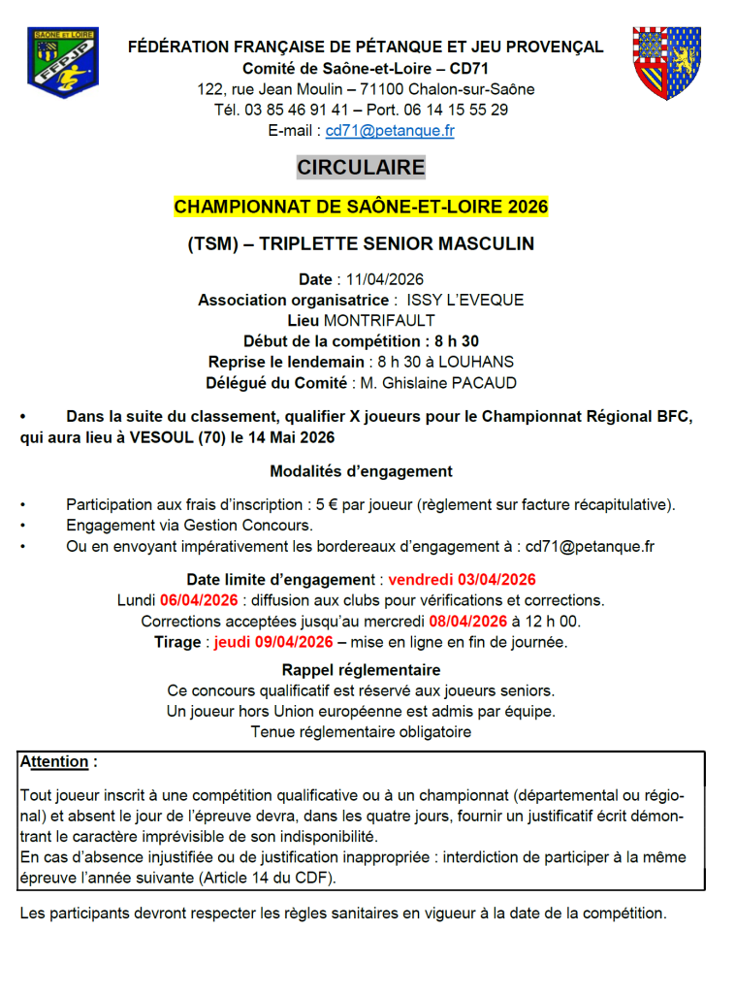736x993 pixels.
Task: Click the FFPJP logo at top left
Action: pos(63,63)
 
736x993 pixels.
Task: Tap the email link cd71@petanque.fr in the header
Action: pos(390,130)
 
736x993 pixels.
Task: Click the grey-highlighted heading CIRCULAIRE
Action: pos(361,168)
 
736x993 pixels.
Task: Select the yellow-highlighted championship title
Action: pos(361,207)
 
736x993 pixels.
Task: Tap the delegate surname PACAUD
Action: pos(486,382)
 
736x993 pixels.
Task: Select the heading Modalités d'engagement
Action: pos(361,471)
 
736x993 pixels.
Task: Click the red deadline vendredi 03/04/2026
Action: pos(462,580)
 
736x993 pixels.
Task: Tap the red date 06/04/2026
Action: pos(199,600)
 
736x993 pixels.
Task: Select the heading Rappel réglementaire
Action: pos(361,670)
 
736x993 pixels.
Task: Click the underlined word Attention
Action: pos(55,762)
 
